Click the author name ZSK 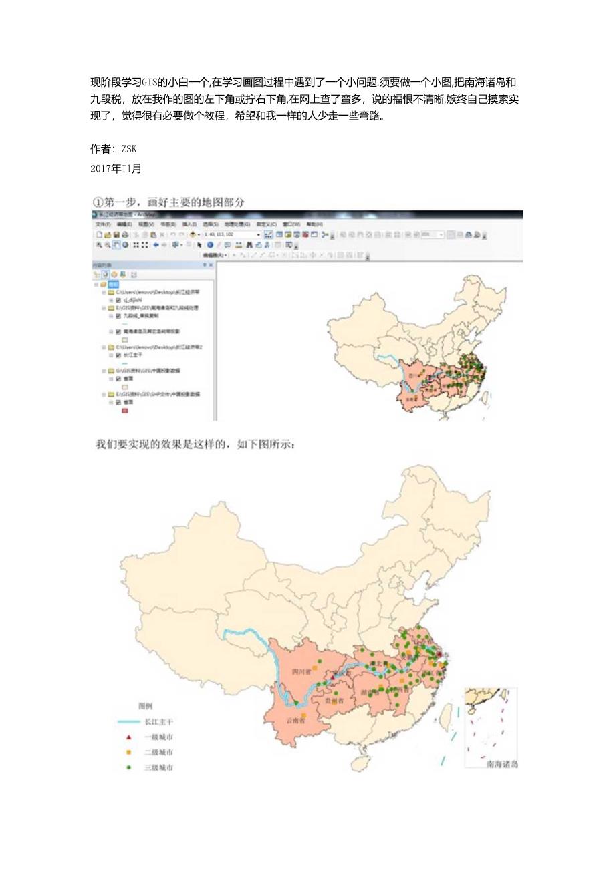[x=129, y=148]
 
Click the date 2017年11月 [x=116, y=168]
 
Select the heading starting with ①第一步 [x=172, y=202]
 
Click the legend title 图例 [x=146, y=706]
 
